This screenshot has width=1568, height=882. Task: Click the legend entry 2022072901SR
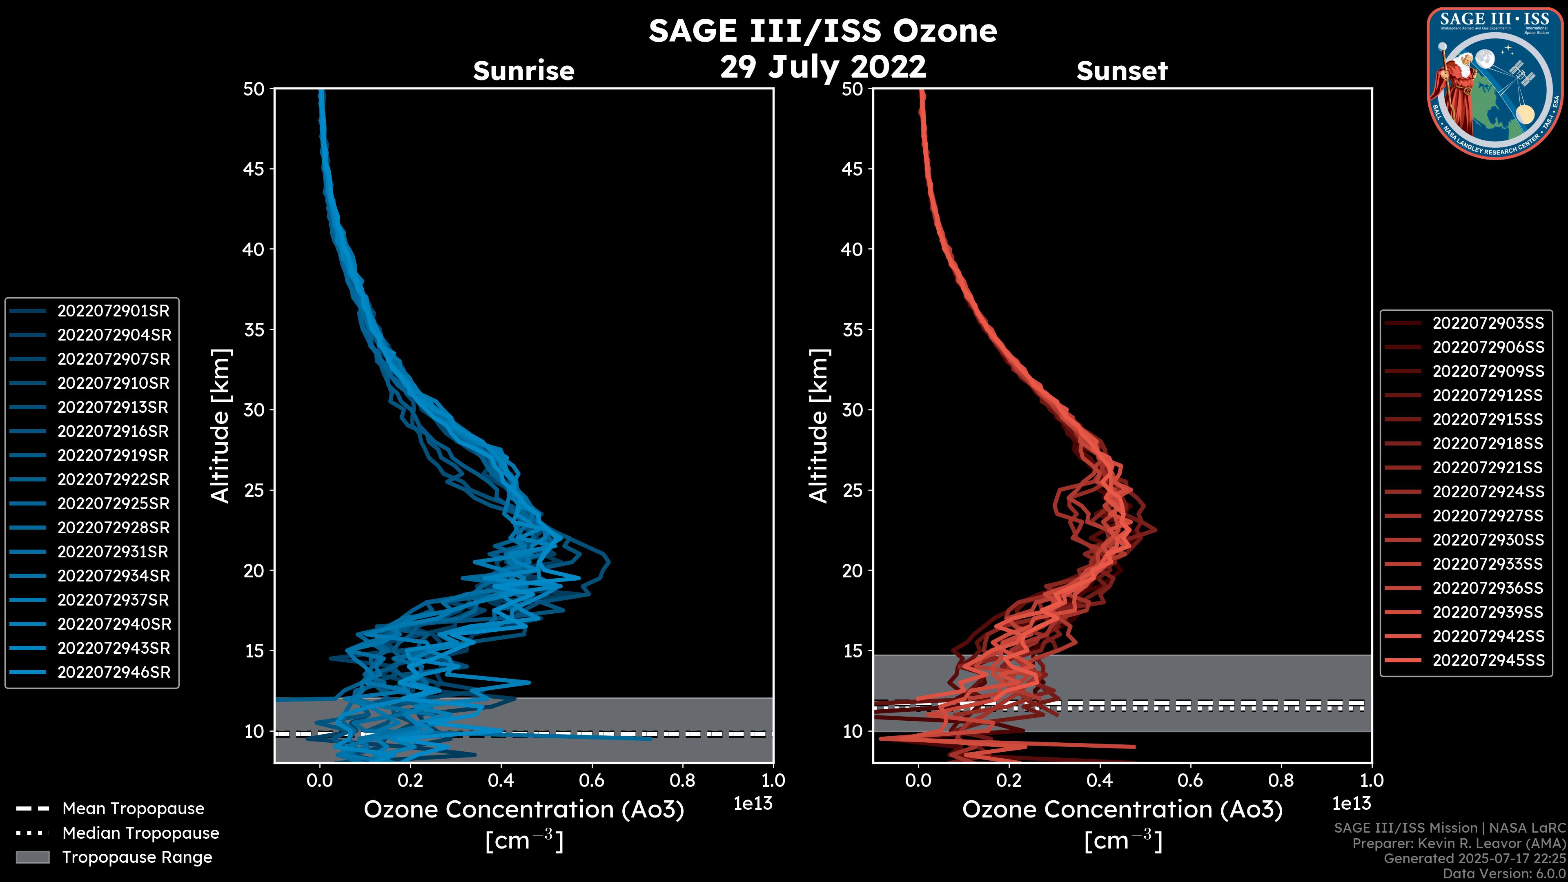coord(113,311)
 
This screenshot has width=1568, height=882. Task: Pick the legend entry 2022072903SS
coord(1488,323)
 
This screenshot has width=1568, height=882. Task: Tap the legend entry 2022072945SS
coord(1488,660)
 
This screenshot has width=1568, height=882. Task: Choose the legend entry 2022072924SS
coord(1488,492)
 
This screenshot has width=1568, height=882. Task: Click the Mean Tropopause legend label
coord(133,809)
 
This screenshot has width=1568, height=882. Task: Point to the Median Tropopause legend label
coord(140,833)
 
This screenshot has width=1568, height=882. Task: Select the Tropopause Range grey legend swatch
coord(32,857)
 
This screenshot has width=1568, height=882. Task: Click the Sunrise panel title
coord(523,71)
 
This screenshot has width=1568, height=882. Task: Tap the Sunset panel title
coord(1122,71)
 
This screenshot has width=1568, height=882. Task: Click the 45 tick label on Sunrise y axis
coord(254,169)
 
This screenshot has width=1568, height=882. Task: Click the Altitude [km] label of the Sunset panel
coord(819,426)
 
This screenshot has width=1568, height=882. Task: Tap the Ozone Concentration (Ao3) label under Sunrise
coord(523,810)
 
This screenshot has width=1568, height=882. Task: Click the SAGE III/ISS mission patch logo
coord(1494,83)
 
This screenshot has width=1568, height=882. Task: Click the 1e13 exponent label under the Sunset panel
coord(1351,804)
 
